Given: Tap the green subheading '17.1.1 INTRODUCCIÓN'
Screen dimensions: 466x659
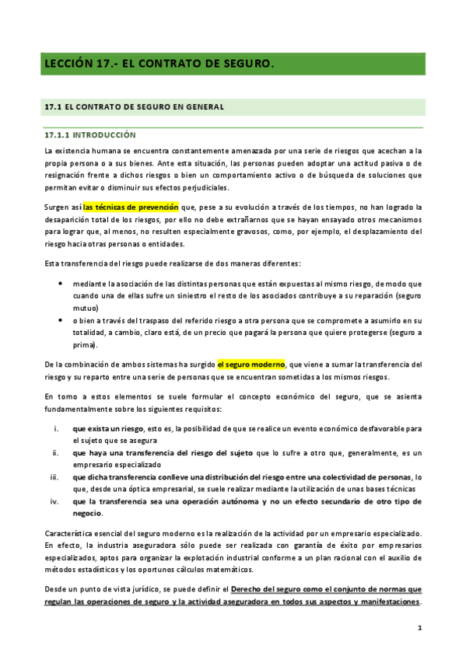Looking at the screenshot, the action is [x=89, y=134].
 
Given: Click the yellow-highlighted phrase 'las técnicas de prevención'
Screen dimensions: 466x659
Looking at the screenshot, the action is [x=131, y=207].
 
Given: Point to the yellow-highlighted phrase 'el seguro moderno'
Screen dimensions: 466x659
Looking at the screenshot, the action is [x=251, y=364].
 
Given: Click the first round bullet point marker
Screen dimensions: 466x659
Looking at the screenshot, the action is [x=61, y=284].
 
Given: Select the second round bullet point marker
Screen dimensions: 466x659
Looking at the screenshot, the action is [x=61, y=320].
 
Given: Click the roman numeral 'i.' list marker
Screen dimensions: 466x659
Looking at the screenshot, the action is [x=57, y=428].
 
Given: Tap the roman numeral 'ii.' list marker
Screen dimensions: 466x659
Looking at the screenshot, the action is [x=56, y=452].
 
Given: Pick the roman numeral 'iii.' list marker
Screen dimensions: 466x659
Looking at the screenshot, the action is [x=55, y=476].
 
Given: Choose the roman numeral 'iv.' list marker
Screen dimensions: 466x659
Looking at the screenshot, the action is [x=55, y=501].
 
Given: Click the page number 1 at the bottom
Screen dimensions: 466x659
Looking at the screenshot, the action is [x=419, y=626].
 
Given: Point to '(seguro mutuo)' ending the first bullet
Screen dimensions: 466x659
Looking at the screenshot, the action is [x=399, y=296].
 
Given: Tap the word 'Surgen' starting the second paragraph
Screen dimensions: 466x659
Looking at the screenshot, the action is [x=58, y=207].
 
